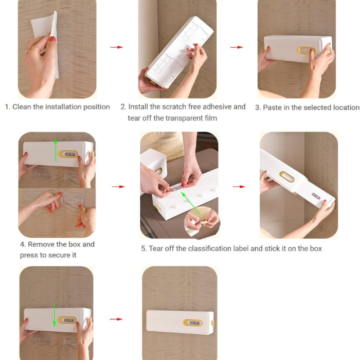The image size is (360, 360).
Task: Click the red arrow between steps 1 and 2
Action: (x=116, y=47)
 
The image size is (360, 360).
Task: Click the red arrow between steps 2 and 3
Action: (x=237, y=47)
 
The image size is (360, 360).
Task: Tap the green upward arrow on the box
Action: (x=56, y=150)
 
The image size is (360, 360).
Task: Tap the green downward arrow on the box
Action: (x=55, y=315)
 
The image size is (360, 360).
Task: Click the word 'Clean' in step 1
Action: (x=22, y=107)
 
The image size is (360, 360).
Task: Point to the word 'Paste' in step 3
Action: (x=272, y=107)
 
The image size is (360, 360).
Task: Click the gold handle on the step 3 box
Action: (x=307, y=50)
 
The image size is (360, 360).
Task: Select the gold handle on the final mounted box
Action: (x=193, y=322)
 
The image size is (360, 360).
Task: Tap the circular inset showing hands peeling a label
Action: (x=202, y=222)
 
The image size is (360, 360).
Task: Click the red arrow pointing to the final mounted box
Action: (x=116, y=319)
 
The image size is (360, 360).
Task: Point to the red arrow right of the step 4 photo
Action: (x=118, y=187)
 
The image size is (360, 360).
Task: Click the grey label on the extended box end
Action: (x=316, y=196)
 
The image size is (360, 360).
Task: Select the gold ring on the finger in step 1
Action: (x=37, y=48)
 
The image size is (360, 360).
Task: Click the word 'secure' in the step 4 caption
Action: (x=59, y=255)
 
